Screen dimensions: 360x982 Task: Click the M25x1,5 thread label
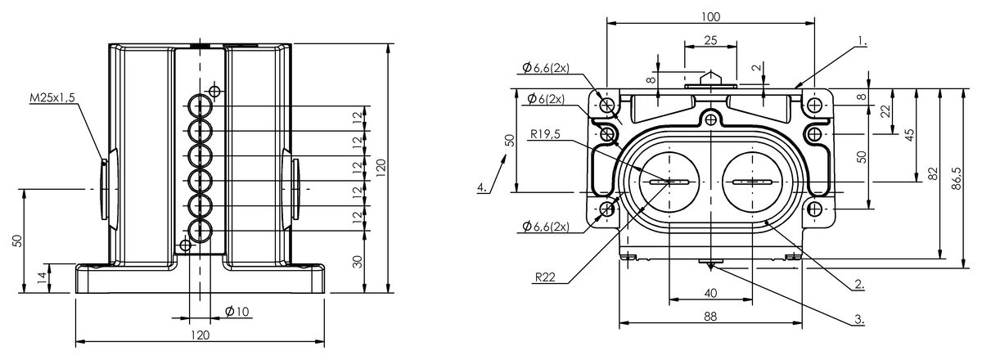click(52, 98)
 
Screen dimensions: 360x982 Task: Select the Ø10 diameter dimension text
click(236, 311)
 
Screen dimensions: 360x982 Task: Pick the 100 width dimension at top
click(710, 16)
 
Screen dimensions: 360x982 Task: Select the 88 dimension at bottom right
click(710, 315)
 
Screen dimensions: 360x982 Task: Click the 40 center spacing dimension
click(710, 293)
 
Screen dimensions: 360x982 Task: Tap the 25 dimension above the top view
click(710, 40)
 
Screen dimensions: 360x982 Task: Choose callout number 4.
click(484, 187)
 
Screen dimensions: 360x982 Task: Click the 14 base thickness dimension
click(42, 278)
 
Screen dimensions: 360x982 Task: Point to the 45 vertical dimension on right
click(908, 135)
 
